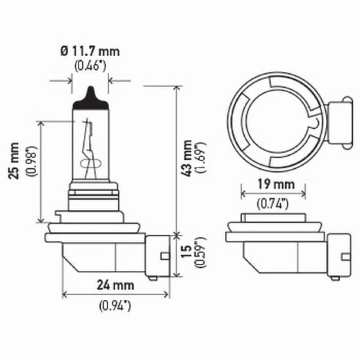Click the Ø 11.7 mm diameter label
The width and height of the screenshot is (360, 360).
pyautogui.click(x=90, y=50)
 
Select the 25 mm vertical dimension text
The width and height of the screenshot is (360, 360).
pyautogui.click(x=14, y=161)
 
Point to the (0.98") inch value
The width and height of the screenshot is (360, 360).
pyautogui.click(x=31, y=161)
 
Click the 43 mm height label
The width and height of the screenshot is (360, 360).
pyautogui.click(x=187, y=157)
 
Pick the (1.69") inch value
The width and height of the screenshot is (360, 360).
pyautogui.click(x=201, y=157)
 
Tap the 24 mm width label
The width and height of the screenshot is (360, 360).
pyautogui.click(x=116, y=285)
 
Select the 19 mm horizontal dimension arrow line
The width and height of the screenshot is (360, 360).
pyautogui.click(x=273, y=194)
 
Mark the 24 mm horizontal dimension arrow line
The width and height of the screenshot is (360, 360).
pyautogui.click(x=116, y=295)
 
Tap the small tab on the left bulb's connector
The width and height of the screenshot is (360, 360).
pyautogui.click(x=164, y=256)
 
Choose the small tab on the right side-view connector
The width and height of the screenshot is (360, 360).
pyautogui.click(x=346, y=256)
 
